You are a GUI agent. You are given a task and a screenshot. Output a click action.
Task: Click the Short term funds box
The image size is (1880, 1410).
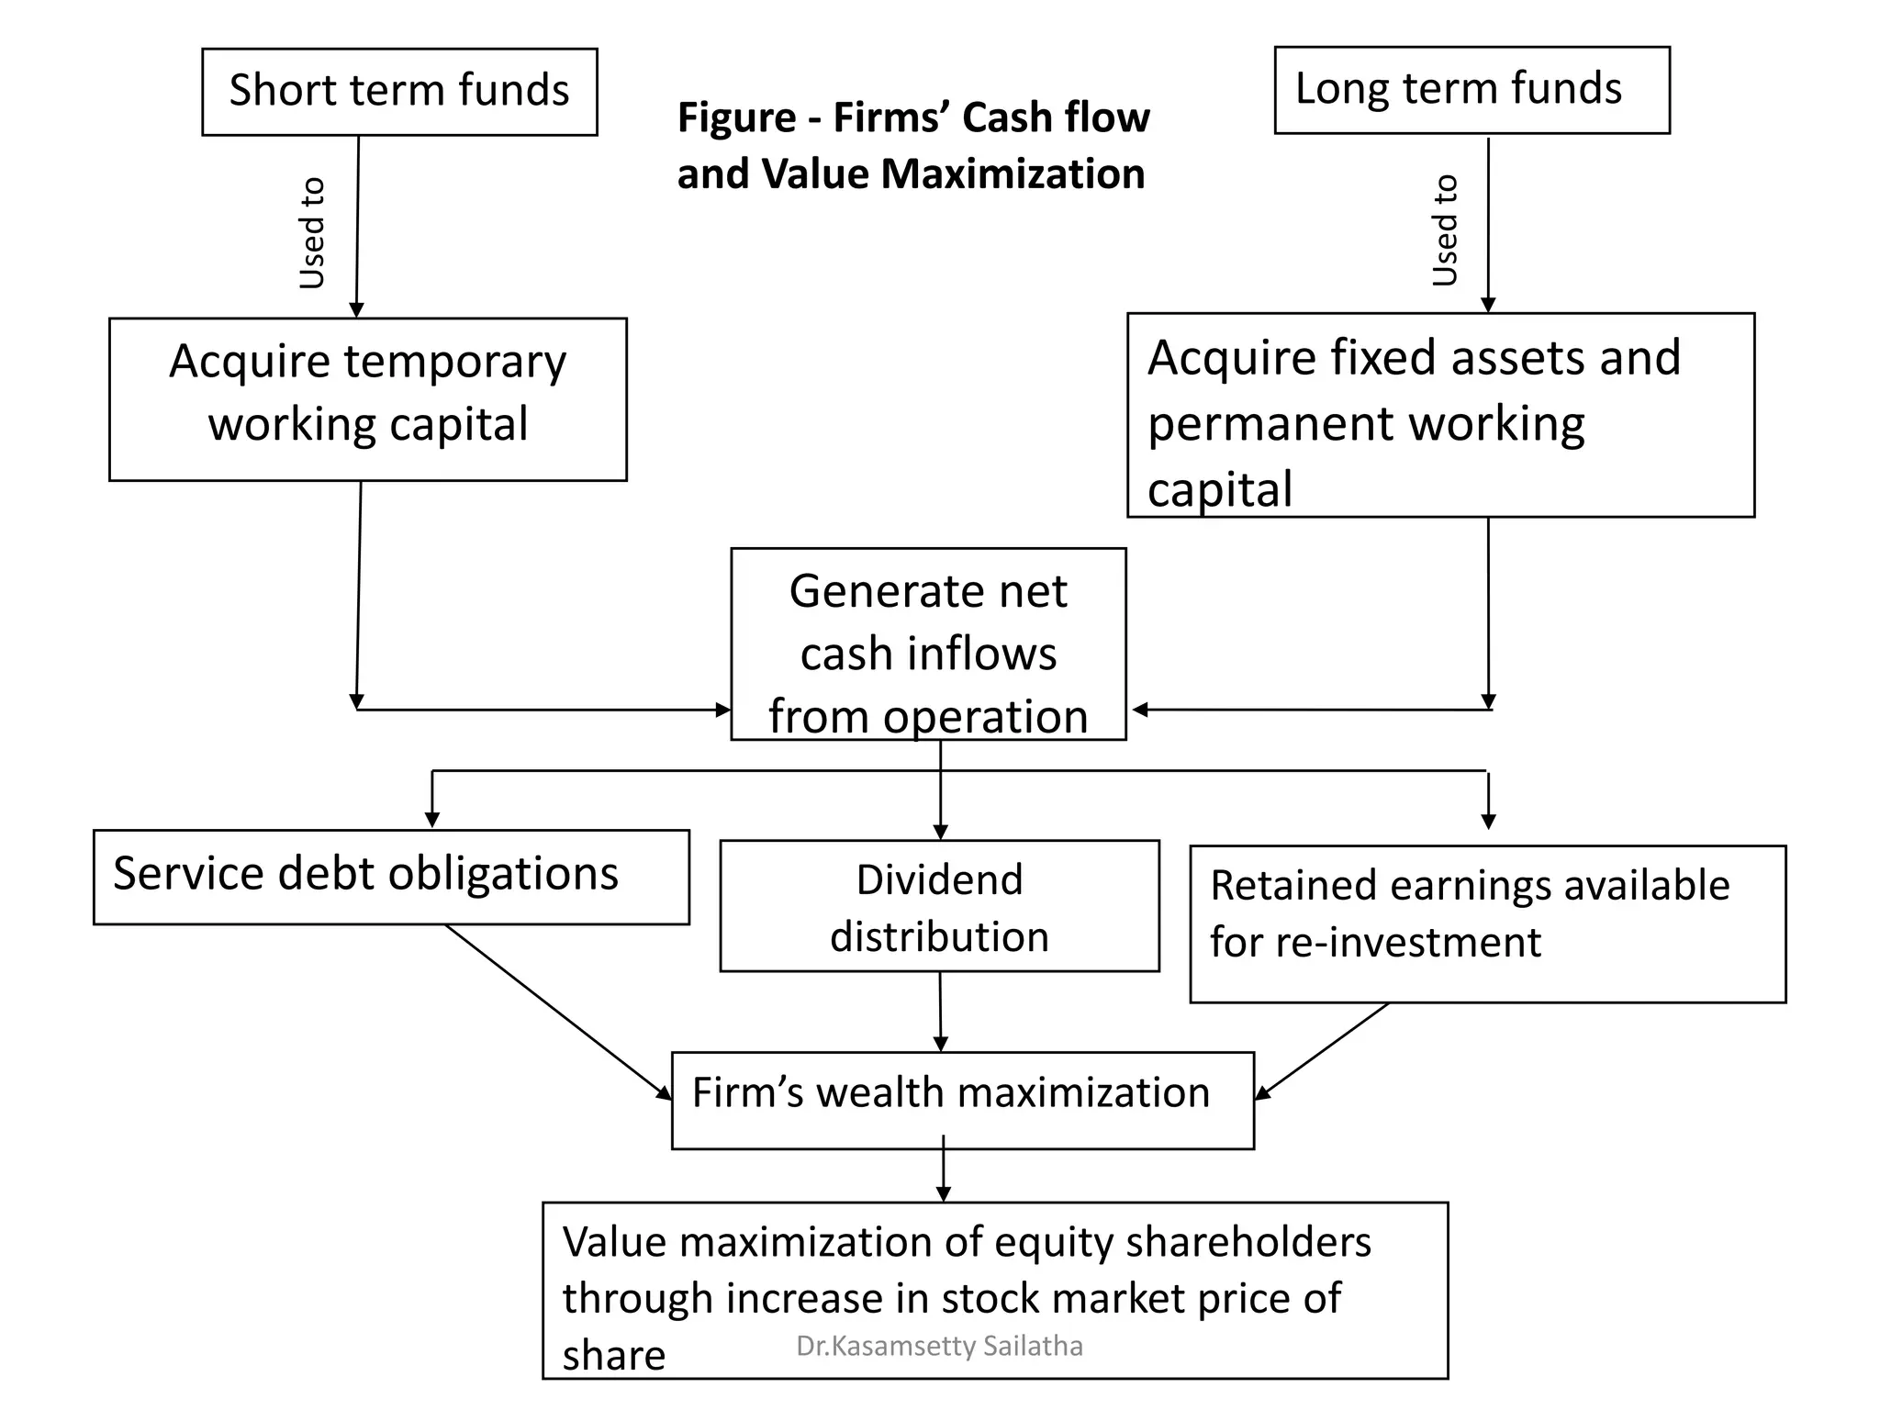click(x=399, y=92)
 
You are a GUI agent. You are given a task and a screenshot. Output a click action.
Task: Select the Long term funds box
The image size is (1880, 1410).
click(x=1472, y=90)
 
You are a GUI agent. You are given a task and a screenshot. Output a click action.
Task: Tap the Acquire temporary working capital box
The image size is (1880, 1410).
click(x=367, y=399)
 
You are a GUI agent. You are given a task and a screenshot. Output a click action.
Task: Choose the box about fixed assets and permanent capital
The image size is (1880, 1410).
click(x=1440, y=416)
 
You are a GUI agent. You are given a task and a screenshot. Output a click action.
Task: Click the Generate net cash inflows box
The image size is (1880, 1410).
click(x=928, y=644)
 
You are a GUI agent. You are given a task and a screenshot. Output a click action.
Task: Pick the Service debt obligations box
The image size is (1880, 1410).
click(x=391, y=877)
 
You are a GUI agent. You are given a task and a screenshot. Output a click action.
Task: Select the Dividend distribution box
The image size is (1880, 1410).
click(x=939, y=906)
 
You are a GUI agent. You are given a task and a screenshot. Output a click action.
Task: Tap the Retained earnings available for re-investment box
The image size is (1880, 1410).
click(x=1487, y=923)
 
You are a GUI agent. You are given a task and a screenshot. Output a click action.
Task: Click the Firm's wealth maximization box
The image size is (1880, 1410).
click(x=962, y=1100)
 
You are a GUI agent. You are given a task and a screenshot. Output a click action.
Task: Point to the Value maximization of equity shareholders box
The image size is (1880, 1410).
click(x=995, y=1290)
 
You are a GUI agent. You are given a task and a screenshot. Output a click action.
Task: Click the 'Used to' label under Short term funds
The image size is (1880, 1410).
click(x=313, y=233)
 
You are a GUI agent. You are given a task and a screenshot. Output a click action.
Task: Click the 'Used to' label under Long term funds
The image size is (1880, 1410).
click(x=1446, y=230)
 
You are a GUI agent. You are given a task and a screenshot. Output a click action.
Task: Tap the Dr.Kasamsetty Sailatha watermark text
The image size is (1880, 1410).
click(x=939, y=1346)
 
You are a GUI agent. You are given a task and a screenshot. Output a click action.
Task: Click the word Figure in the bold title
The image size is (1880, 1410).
click(x=736, y=118)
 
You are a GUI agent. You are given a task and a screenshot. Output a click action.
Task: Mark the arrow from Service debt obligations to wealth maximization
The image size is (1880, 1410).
click(x=558, y=1011)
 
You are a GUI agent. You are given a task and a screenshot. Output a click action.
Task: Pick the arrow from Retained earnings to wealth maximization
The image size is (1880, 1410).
click(x=1323, y=1051)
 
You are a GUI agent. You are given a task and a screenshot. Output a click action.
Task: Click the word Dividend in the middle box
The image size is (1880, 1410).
click(x=939, y=879)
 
